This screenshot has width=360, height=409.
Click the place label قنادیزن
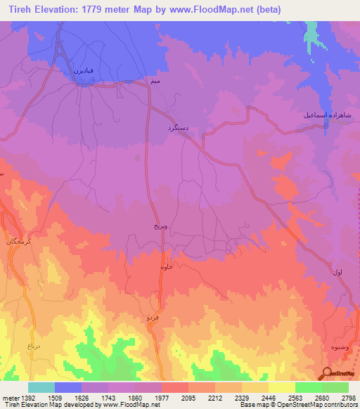[x=83, y=71]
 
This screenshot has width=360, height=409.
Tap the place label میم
[x=155, y=83]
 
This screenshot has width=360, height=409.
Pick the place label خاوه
[x=167, y=267]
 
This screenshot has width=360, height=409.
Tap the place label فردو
[x=153, y=318]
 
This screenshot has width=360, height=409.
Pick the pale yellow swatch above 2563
[x=281, y=387]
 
